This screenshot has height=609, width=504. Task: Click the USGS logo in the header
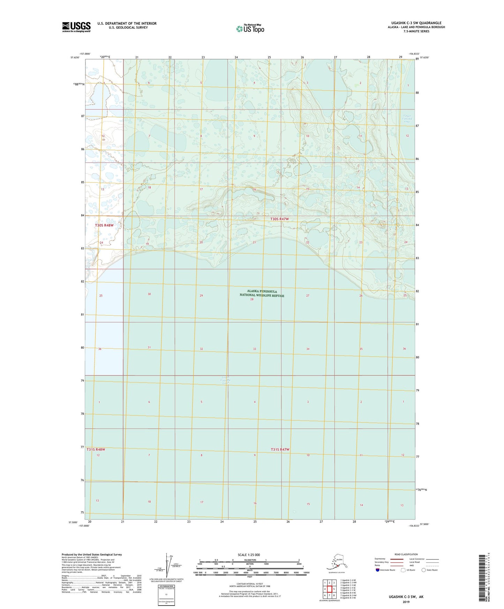[76, 27]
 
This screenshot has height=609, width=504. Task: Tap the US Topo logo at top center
[250, 29]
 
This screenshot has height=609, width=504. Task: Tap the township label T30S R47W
[279, 219]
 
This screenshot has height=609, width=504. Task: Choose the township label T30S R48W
[104, 225]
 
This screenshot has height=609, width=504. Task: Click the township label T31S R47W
[280, 450]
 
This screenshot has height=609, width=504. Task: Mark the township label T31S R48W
[96, 450]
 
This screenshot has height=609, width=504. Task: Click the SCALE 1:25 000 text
[249, 555]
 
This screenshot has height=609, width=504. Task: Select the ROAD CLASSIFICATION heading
[406, 554]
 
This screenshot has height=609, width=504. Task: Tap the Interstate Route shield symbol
[378, 570]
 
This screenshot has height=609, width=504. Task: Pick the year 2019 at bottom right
[406, 602]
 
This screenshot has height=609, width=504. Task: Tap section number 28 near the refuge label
[251, 299]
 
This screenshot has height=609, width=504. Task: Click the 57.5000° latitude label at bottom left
[73, 522]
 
